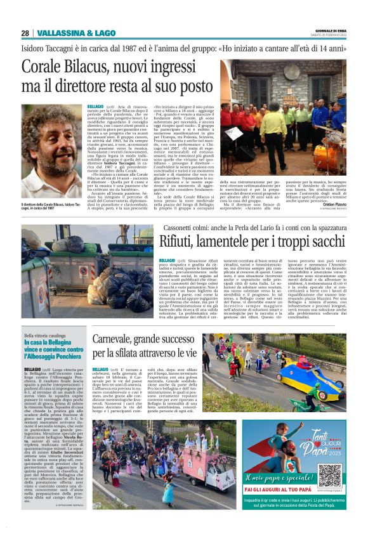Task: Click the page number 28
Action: coord(25,33)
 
